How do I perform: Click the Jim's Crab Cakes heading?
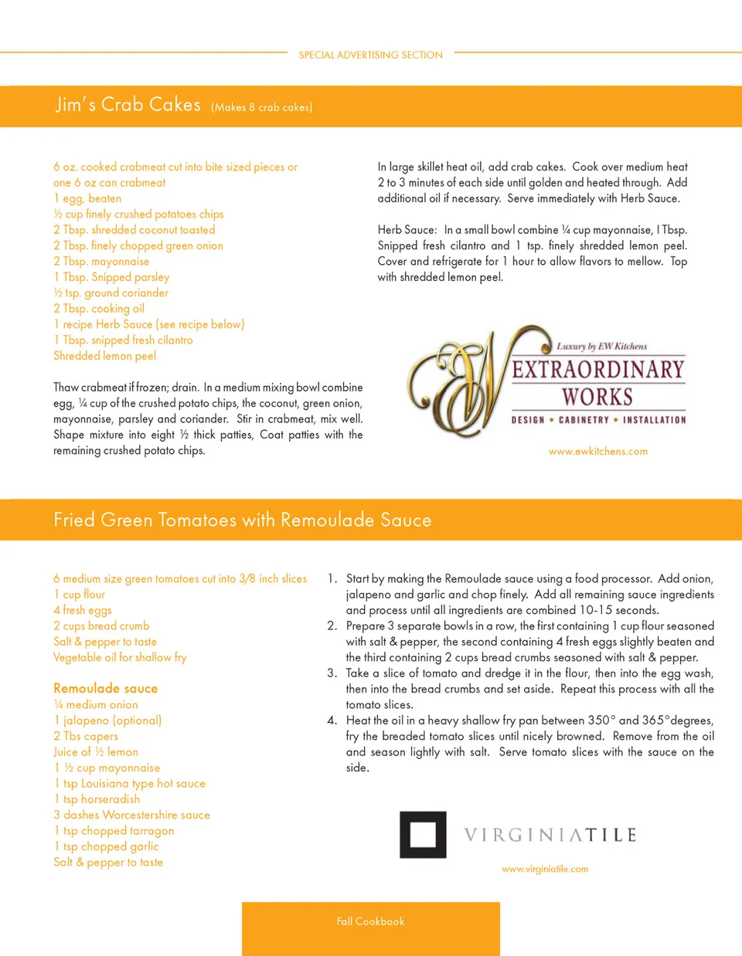tap(128, 105)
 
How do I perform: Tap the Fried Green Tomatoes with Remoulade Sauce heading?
tap(242, 520)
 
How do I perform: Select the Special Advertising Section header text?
tap(370, 55)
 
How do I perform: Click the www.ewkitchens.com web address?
tap(597, 452)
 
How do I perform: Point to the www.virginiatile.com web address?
tap(544, 869)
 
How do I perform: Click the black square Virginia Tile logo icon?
tap(423, 835)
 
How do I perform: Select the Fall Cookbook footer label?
tap(370, 921)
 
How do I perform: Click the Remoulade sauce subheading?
tap(105, 688)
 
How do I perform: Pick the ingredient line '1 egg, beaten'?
tap(87, 198)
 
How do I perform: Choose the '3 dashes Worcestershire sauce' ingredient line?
tap(131, 815)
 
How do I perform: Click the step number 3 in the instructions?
tap(332, 673)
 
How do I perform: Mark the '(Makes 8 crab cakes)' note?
tap(261, 107)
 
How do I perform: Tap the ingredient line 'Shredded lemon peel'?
tap(104, 356)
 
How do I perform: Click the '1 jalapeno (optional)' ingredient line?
tap(107, 720)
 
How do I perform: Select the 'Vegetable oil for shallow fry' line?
tap(120, 657)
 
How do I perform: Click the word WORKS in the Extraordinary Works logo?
tap(597, 397)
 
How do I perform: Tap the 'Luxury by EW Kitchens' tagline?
tap(601, 347)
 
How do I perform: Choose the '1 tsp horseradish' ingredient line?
tap(97, 799)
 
